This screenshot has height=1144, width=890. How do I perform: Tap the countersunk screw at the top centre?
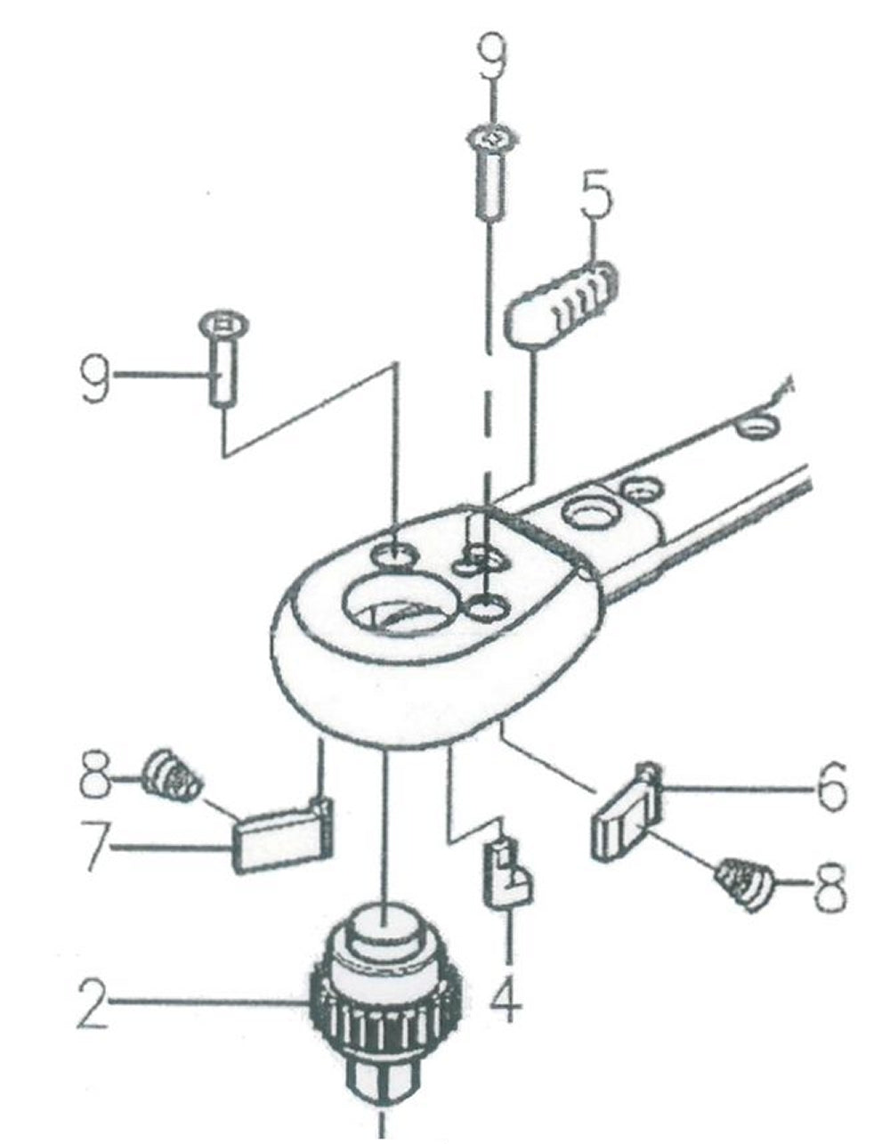click(489, 174)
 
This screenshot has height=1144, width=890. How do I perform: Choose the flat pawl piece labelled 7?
click(281, 837)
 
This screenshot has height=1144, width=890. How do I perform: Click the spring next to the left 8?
click(173, 775)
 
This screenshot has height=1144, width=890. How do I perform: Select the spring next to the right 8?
click(746, 881)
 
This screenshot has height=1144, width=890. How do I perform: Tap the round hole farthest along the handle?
click(757, 425)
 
